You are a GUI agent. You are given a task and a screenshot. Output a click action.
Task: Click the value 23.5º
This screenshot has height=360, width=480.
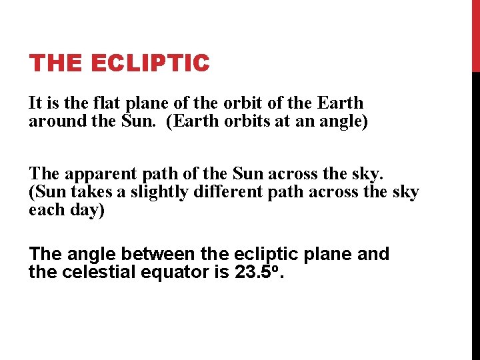pyautogui.click(x=259, y=272)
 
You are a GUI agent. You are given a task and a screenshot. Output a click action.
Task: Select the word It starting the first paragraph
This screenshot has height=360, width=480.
pyautogui.click(x=35, y=103)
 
